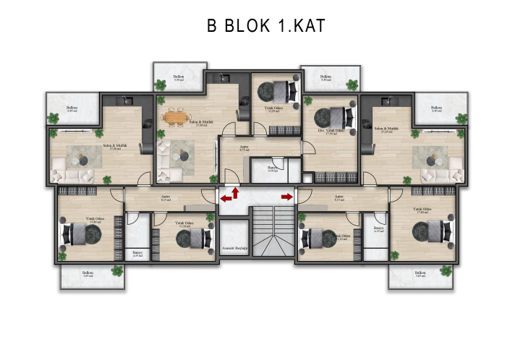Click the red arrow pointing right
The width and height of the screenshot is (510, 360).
(286, 196)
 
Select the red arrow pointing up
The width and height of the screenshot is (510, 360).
(235, 192)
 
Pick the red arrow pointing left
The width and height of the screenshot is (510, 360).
(226, 197)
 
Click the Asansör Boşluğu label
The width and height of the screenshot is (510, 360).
(234, 248)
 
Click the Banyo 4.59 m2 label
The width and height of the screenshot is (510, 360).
(273, 168)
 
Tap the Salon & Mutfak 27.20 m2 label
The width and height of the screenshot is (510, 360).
(113, 147)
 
